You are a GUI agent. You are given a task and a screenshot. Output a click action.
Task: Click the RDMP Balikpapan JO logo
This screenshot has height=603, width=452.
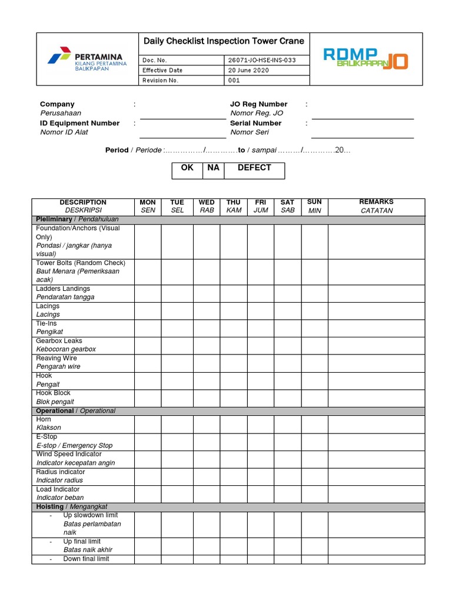[x=365, y=59]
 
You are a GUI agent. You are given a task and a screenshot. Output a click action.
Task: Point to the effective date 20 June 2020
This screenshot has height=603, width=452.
[x=248, y=70]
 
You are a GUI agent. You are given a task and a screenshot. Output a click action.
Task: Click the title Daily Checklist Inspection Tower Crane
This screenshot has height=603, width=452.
[x=224, y=41]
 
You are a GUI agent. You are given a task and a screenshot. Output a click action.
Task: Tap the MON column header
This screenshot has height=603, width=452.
[x=148, y=206]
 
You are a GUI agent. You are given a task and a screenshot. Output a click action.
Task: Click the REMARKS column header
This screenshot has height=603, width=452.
[x=376, y=206]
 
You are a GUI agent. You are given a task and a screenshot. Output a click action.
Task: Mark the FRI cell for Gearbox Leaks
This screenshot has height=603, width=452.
[x=260, y=345]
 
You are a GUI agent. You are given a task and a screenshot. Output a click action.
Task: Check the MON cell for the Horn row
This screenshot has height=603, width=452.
[x=148, y=424]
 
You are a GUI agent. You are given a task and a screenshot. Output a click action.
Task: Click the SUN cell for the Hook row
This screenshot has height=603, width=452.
[x=314, y=380]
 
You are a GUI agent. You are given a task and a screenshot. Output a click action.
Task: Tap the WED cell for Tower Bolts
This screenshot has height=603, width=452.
[x=207, y=271]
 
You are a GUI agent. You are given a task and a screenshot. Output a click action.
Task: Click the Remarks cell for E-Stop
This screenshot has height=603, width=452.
[x=376, y=442]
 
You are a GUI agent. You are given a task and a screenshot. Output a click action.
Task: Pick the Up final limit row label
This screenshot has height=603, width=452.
[x=82, y=545]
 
